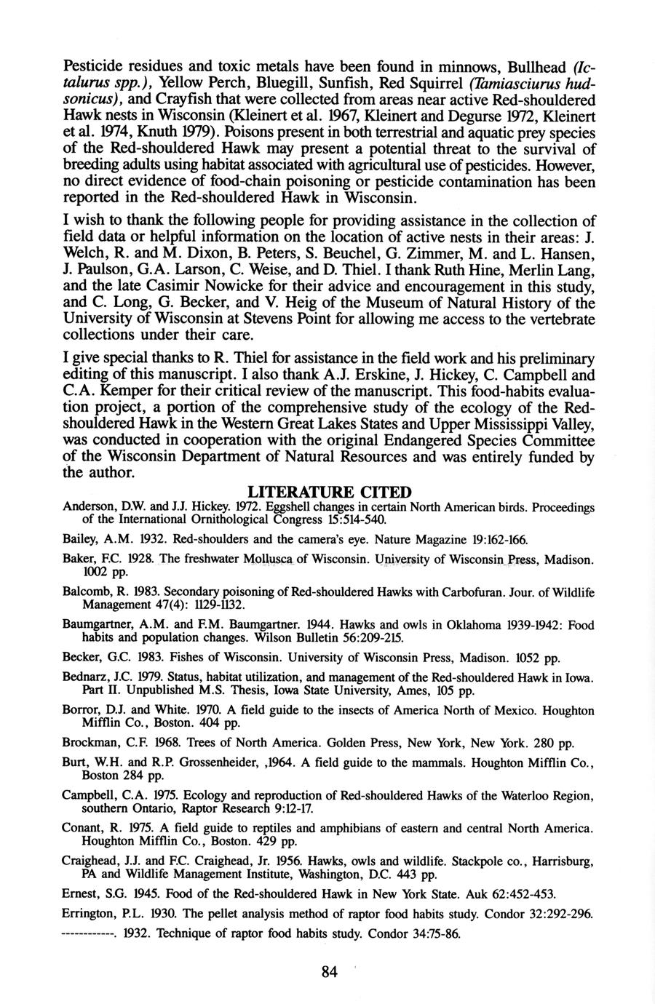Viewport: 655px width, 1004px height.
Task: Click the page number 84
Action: click(329, 972)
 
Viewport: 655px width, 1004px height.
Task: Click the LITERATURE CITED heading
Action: click(329, 493)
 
